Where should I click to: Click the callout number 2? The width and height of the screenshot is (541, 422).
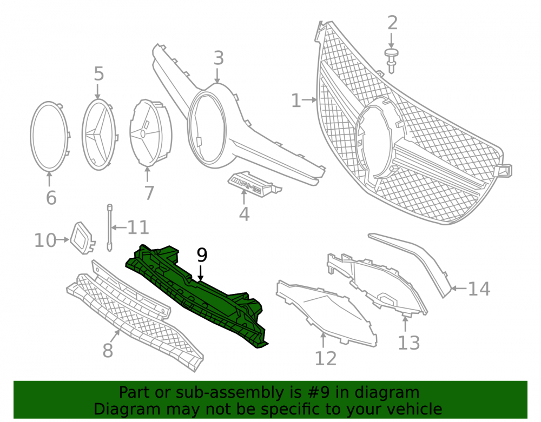(393, 23)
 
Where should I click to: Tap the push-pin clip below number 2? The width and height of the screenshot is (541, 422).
(391, 61)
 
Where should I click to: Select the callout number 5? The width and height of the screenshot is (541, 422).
(98, 74)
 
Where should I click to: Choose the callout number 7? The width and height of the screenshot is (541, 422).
(149, 193)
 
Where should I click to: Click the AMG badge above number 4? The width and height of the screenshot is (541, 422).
(254, 184)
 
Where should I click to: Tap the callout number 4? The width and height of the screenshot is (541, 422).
(245, 214)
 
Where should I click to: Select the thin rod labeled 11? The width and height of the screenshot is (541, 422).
(110, 227)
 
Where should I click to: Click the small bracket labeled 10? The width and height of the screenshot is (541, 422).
(83, 238)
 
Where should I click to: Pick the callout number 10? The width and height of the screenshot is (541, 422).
(45, 240)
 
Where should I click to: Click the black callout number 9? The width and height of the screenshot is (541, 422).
(202, 255)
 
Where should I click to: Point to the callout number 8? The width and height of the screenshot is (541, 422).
(108, 350)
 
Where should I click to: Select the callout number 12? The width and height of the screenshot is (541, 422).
(326, 359)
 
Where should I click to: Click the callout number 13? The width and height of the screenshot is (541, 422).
(409, 343)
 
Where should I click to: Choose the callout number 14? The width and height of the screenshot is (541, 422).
(479, 289)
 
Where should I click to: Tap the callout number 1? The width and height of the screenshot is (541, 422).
(296, 101)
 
